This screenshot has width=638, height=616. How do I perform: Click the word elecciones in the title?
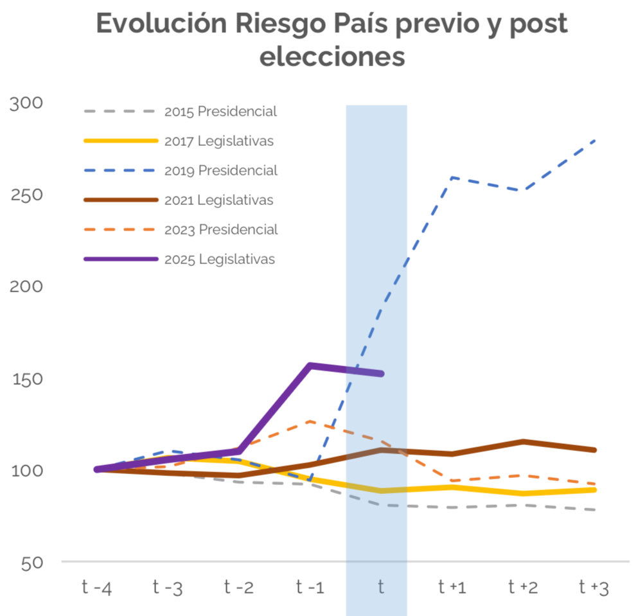[332, 57]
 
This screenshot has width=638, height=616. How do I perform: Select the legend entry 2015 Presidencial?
[220, 111]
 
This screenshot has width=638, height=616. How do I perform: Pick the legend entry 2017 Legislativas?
[219, 141]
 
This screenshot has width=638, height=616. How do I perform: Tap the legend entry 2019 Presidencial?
[220, 170]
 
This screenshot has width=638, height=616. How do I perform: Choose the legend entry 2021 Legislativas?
[219, 200]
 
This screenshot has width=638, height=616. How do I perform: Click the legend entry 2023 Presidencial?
[220, 229]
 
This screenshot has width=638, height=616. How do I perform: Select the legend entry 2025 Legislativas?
[219, 259]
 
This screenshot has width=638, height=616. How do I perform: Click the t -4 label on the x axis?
[97, 587]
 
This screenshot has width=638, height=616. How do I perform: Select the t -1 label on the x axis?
[310, 587]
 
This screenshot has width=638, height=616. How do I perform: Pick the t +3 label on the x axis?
[594, 587]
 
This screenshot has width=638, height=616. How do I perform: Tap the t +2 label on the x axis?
[523, 587]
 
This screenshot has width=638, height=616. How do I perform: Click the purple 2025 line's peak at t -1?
[310, 365]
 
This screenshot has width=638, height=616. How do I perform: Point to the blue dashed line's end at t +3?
[595, 140]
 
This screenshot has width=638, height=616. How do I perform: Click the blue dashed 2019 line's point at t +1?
[452, 177]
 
